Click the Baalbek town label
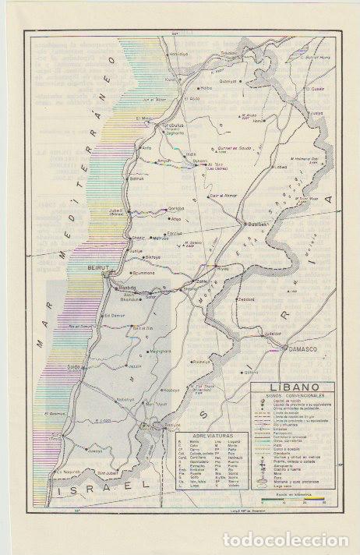pos(257,224)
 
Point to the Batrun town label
pos(136,179)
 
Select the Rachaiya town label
pos(202,362)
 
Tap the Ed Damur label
pos(115,315)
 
